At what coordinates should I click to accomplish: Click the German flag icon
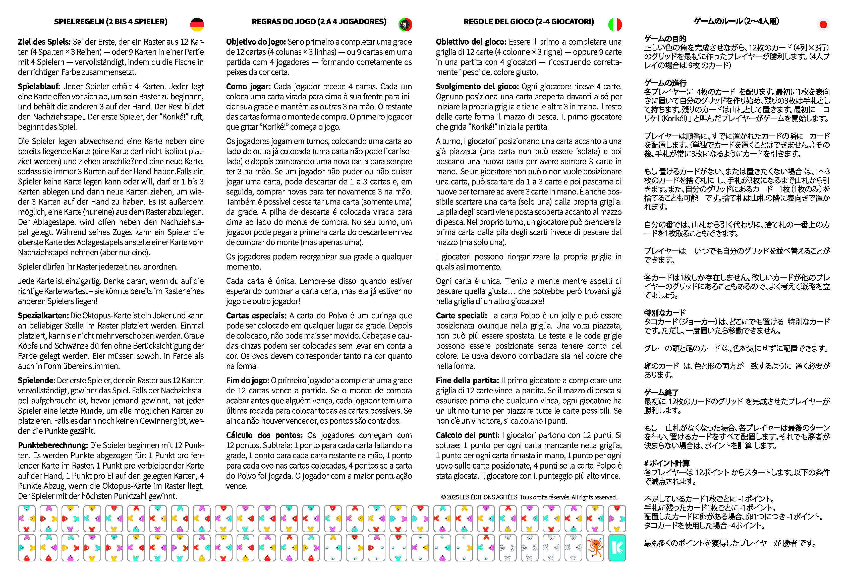coord(197,24)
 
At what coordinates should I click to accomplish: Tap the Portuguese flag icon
coord(405,24)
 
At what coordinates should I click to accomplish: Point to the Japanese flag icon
coord(823,24)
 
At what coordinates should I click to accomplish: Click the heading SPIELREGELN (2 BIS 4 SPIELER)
coord(110,22)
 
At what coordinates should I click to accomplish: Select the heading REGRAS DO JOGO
coord(319,22)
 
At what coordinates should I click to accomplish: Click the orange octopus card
coord(595,547)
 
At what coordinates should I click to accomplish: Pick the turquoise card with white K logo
coord(617,547)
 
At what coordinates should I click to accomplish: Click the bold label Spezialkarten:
coord(43,315)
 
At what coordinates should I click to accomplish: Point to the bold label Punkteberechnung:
coord(52,445)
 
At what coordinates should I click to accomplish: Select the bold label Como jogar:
coord(248,86)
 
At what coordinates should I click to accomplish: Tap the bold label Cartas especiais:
coord(256,315)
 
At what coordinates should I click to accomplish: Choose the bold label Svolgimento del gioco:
coord(477,86)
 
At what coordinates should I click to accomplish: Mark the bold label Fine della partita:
coord(467,380)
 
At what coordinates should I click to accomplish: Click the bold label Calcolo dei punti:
coord(467,435)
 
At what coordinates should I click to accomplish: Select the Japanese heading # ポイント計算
coord(667,463)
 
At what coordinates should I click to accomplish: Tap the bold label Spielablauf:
coord(39,86)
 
